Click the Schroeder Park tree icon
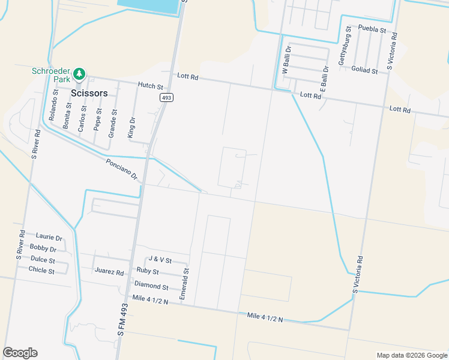pyautogui.click(x=79, y=74)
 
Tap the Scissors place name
pyautogui.click(x=89, y=93)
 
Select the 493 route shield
pyautogui.click(x=166, y=97)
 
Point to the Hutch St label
pyautogui.click(x=150, y=86)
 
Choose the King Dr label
pyautogui.click(x=131, y=128)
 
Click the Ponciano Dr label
pyautogui.click(x=122, y=170)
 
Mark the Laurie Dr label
pyautogui.click(x=49, y=238)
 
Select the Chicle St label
pyautogui.click(x=41, y=271)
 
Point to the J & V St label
pyautogui.click(x=160, y=260)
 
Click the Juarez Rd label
pyautogui.click(x=109, y=271)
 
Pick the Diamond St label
pyautogui.click(x=151, y=285)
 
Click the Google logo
pyautogui.click(x=20, y=353)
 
